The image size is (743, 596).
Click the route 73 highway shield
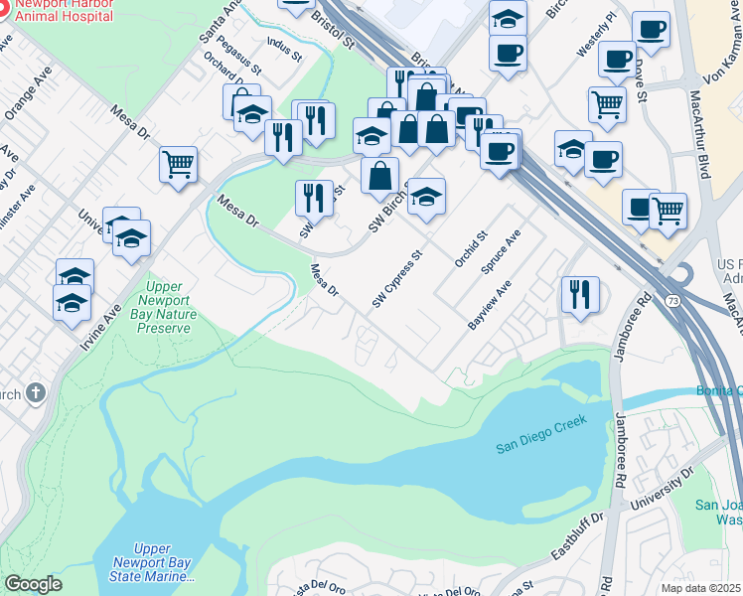coord(673,299)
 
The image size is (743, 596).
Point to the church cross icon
coord(36,393)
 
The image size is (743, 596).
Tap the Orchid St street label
coord(471,250)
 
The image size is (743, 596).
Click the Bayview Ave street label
coord(490,306)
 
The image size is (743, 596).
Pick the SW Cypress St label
coord(397,279)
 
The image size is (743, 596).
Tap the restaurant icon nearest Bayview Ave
coord(580,295)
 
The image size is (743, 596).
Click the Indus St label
coord(284,50)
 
